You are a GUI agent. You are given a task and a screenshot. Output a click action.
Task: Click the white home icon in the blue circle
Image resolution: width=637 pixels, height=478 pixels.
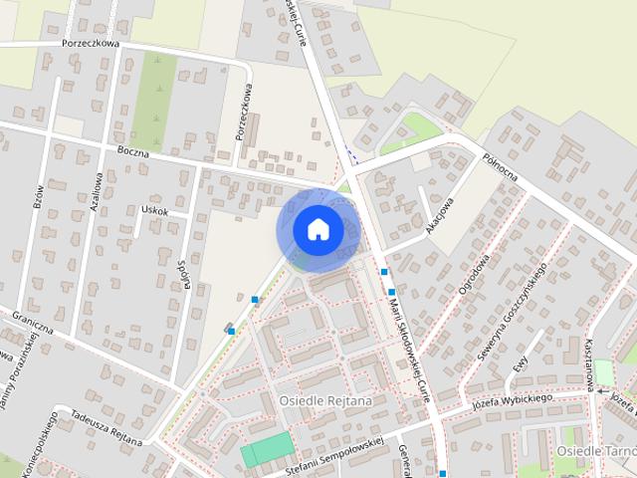[318, 230]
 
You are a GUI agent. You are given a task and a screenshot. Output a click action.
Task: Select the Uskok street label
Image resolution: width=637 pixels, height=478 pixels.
[155, 211]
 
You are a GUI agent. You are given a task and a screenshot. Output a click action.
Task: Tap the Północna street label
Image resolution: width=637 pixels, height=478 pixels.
[500, 173]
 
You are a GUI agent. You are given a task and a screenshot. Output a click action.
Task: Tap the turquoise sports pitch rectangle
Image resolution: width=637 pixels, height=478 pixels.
[267, 450]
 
